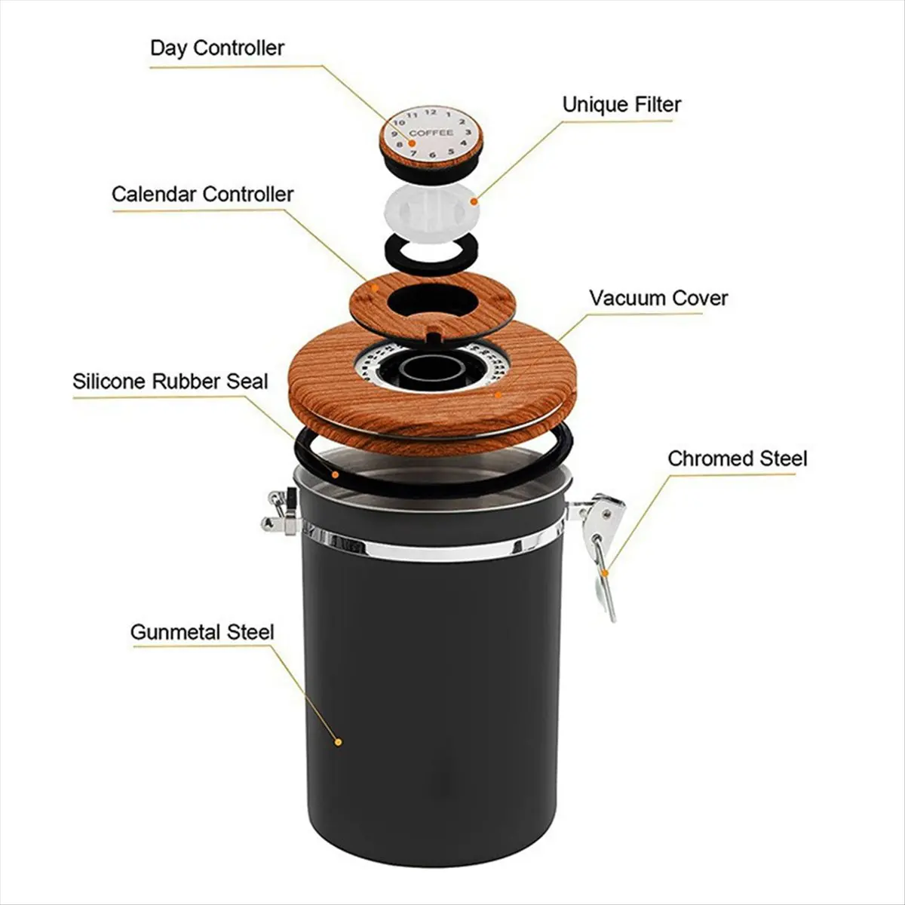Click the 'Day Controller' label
(x=216, y=48)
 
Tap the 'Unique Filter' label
(x=621, y=104)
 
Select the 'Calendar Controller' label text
(x=202, y=194)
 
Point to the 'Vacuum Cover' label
(x=658, y=298)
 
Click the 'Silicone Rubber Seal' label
(x=170, y=381)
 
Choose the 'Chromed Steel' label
(x=737, y=459)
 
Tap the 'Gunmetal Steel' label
(x=202, y=632)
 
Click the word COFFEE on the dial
(x=431, y=133)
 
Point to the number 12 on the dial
(x=430, y=112)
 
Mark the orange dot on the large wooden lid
(x=497, y=393)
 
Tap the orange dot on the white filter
(x=474, y=201)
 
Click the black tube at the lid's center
(x=428, y=370)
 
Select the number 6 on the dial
(x=431, y=155)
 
